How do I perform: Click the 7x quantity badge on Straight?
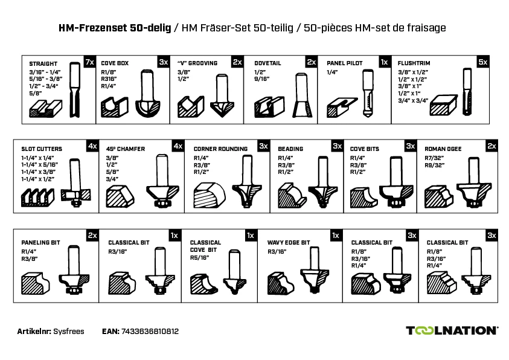tap(89, 62)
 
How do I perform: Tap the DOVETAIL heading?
tap(267, 63)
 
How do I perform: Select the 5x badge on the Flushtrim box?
tap(483, 62)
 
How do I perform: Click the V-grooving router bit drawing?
tap(222, 95)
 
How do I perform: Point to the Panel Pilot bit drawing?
tap(368, 93)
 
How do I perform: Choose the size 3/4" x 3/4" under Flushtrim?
tap(413, 101)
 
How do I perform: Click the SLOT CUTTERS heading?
tap(42, 149)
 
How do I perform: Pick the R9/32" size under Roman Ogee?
tap(434, 166)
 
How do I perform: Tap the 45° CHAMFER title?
tap(126, 149)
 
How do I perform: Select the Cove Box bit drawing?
tap(148, 93)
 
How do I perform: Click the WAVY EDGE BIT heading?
tap(288, 242)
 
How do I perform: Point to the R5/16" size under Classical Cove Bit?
tap(199, 258)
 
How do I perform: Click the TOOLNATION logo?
tap(452, 330)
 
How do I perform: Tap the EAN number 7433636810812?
tap(150, 332)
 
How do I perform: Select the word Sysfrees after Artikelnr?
tap(68, 332)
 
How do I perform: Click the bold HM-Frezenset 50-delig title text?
tap(115, 28)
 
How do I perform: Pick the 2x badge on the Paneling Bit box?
tap(92, 236)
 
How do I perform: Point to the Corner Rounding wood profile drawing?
tap(210, 194)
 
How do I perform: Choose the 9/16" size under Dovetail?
tap(261, 79)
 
